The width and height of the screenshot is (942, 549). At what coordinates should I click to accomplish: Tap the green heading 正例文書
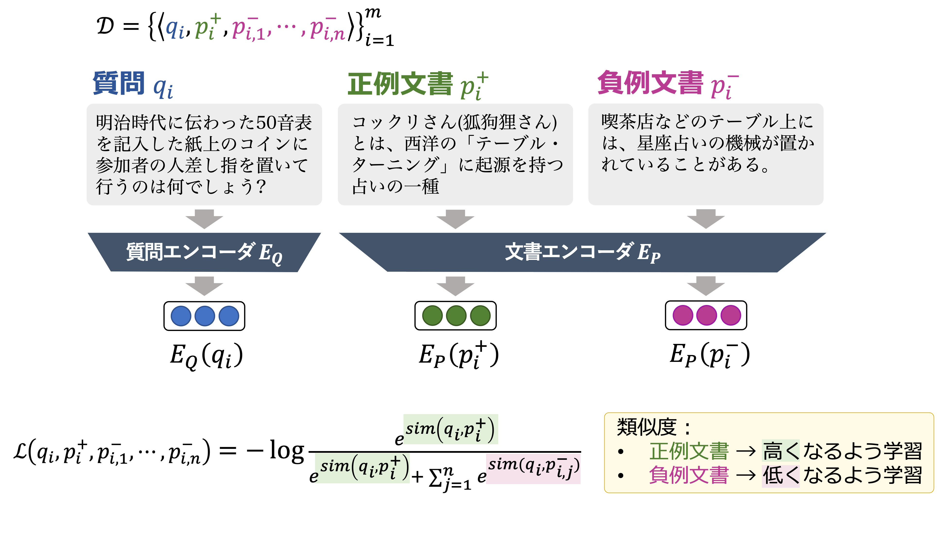tap(400, 84)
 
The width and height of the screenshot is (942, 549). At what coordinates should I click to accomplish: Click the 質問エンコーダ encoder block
tap(204, 252)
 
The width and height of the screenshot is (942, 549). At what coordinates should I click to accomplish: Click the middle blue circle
tap(205, 316)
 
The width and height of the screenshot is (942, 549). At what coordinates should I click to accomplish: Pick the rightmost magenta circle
tap(730, 315)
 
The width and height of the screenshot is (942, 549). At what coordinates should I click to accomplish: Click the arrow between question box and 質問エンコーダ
tap(204, 218)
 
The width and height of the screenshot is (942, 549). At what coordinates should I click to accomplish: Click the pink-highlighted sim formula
tap(533, 468)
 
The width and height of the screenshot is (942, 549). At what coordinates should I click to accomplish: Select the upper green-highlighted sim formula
tap(450, 429)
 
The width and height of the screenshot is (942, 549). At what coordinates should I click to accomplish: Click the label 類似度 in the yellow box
tap(646, 427)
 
